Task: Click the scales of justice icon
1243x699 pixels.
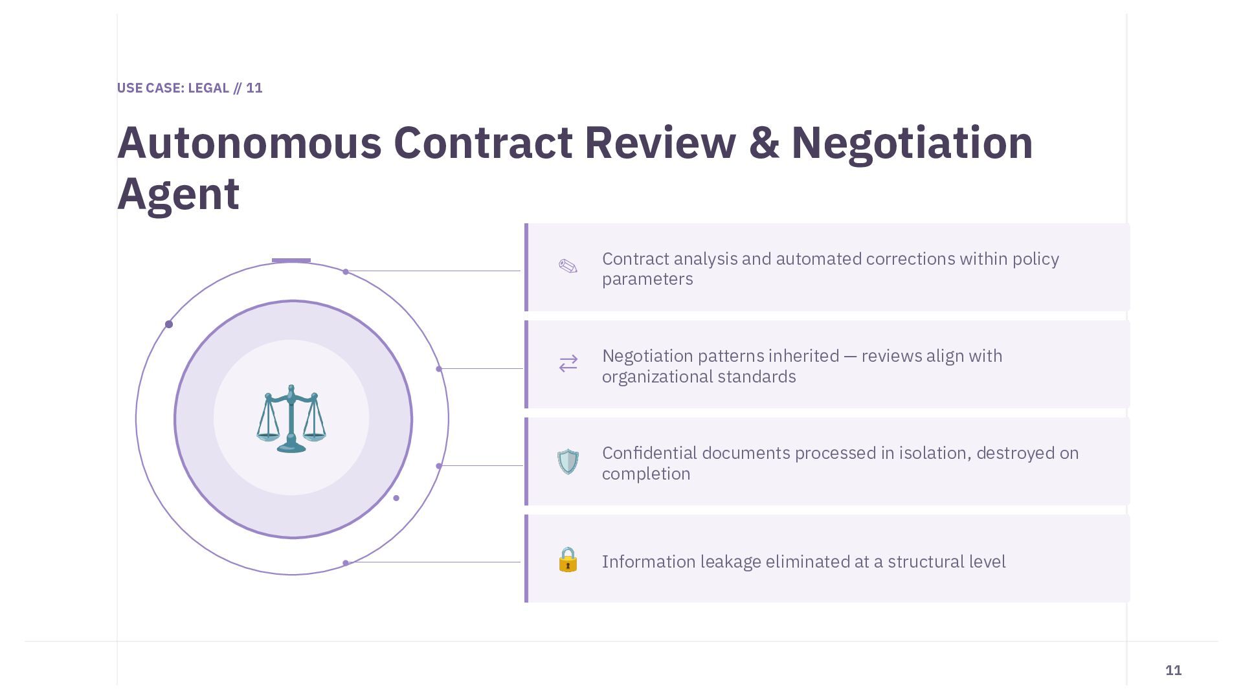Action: (291, 419)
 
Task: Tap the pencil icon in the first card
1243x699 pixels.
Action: (568, 267)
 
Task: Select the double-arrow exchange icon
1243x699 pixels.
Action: (568, 364)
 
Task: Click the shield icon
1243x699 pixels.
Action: (568, 461)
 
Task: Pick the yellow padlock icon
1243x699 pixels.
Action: (568, 560)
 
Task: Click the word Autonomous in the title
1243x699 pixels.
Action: (249, 143)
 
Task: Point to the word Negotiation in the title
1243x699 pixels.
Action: (912, 143)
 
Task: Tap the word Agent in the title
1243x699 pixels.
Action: (178, 194)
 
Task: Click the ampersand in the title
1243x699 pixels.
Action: (763, 143)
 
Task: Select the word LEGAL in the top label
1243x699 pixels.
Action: (208, 88)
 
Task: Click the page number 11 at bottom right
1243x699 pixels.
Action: (1173, 671)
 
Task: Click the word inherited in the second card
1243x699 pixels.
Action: (802, 356)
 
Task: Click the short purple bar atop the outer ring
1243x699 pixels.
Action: (291, 261)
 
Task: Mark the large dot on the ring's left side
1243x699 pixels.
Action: (169, 324)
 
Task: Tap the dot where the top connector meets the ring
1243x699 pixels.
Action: (346, 272)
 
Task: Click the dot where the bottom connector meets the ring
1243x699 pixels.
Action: (346, 563)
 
